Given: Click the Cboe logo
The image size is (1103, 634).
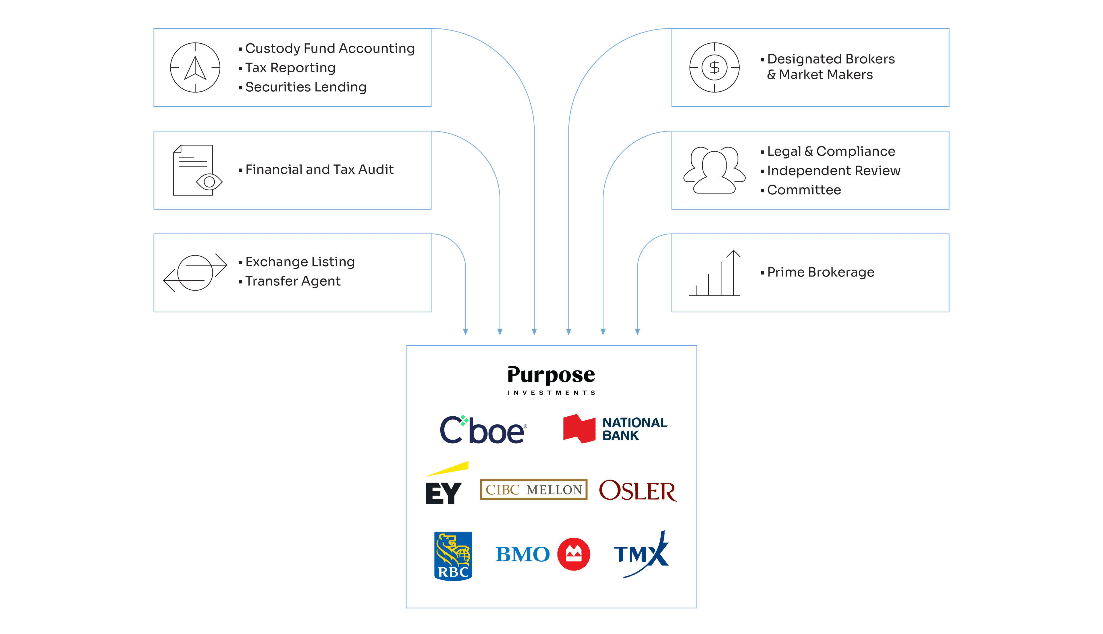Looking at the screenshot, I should [483, 430].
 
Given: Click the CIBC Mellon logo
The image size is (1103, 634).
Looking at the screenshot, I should [533, 490].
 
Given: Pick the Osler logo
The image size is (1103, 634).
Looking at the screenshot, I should [638, 491].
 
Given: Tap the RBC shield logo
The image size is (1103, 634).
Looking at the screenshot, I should [453, 556].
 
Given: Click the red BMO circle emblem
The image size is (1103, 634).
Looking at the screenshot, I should [574, 554].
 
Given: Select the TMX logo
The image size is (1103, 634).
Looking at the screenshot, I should [641, 554].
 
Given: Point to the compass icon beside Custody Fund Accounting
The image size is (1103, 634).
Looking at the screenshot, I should [195, 67].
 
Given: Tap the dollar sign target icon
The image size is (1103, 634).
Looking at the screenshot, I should [714, 67].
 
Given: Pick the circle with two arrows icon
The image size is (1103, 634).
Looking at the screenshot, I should [195, 273].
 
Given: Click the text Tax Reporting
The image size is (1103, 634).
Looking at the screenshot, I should [290, 68].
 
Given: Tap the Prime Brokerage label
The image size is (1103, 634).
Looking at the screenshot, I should [820, 272].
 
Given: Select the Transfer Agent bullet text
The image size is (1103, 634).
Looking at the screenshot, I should [293, 281].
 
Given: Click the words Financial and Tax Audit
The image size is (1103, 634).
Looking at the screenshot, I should [319, 169].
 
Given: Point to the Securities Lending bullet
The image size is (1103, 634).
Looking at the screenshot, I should [305, 87].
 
